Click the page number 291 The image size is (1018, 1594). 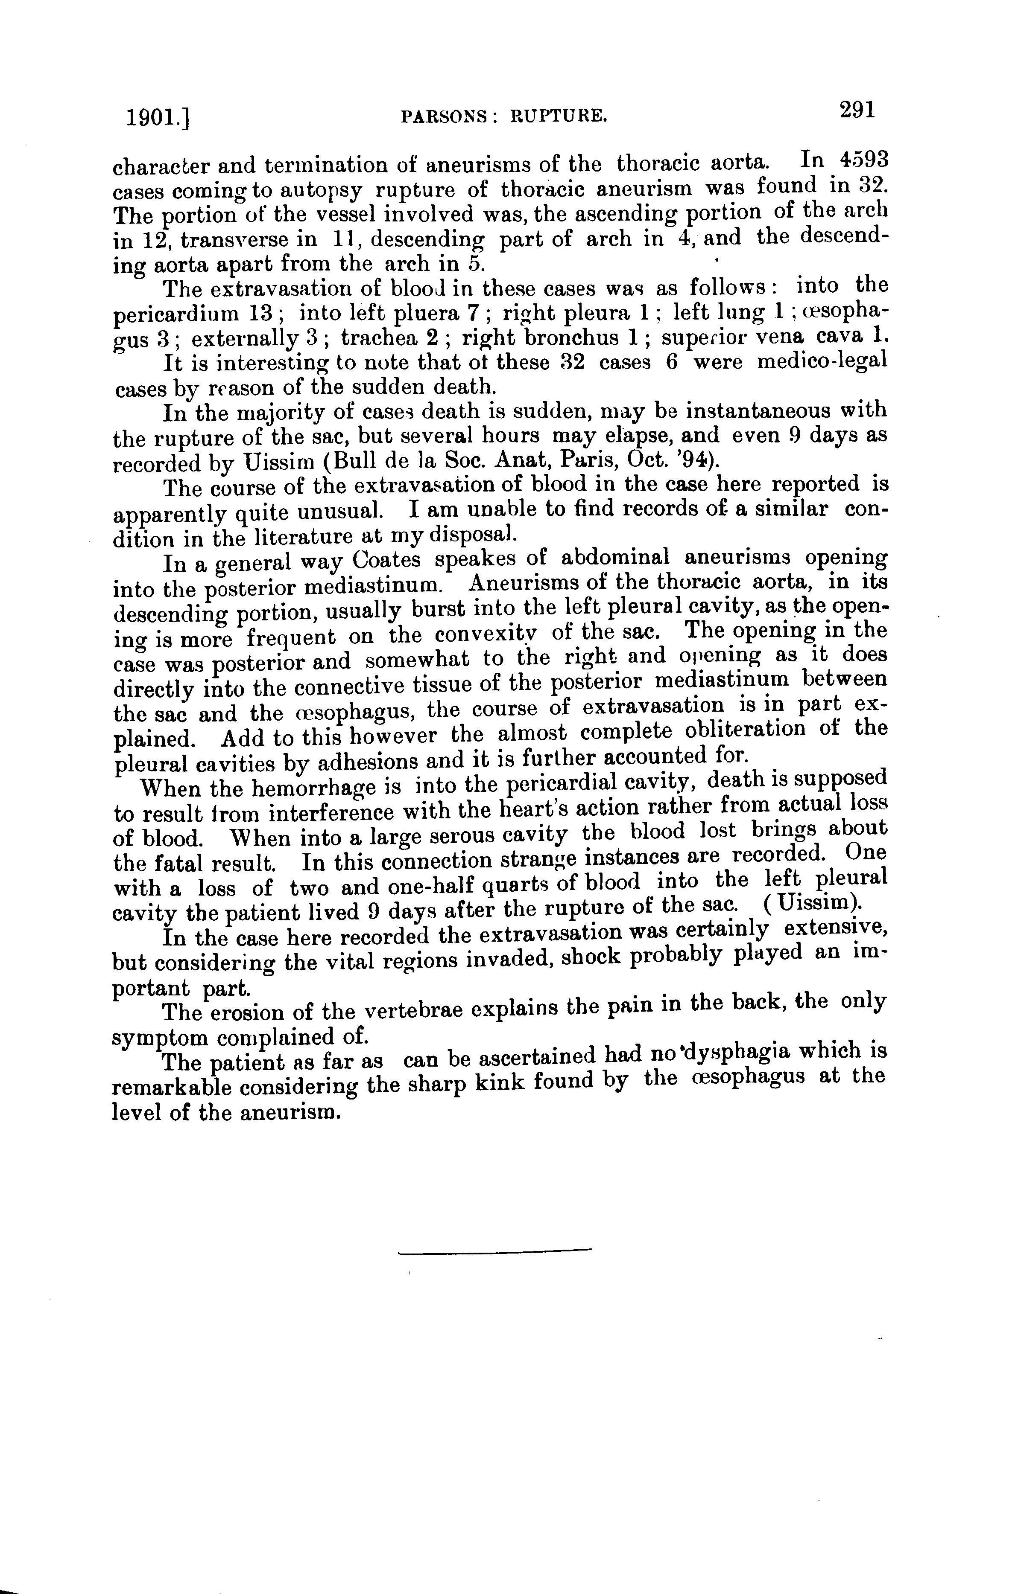(x=857, y=111)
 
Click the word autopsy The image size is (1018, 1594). (x=320, y=191)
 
